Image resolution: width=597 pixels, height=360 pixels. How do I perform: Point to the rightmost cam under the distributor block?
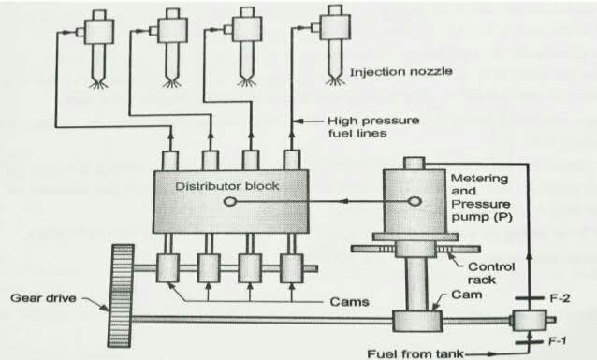tap(292, 268)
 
